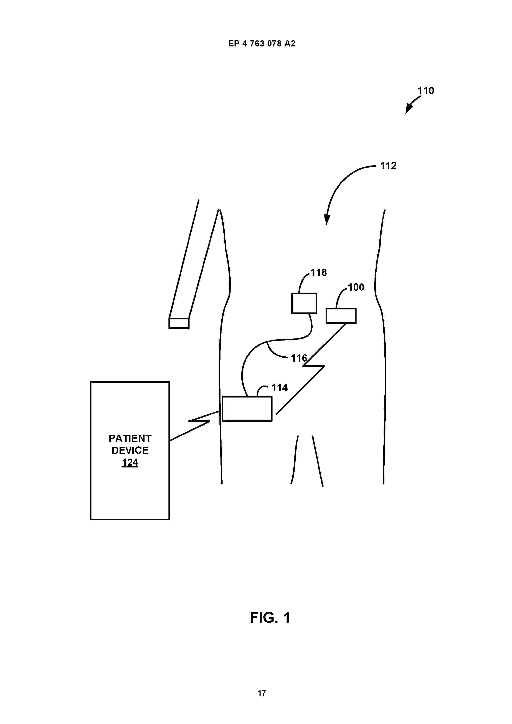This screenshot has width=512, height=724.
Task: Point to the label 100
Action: (356, 287)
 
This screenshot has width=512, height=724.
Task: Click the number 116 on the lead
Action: (299, 358)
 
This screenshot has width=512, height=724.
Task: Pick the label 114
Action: (280, 388)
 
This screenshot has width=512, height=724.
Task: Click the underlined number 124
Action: (130, 463)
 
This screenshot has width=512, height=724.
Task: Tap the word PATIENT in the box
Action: (130, 439)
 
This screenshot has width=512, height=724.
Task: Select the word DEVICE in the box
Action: (130, 451)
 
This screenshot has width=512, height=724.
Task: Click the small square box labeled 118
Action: (304, 303)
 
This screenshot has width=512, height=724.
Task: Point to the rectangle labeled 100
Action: (341, 316)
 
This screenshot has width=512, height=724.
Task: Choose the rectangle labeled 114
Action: (247, 409)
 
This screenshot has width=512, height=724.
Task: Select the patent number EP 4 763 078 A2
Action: (262, 44)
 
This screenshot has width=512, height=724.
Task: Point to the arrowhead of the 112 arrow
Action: (327, 219)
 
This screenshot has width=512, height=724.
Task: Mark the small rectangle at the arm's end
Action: (179, 323)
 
